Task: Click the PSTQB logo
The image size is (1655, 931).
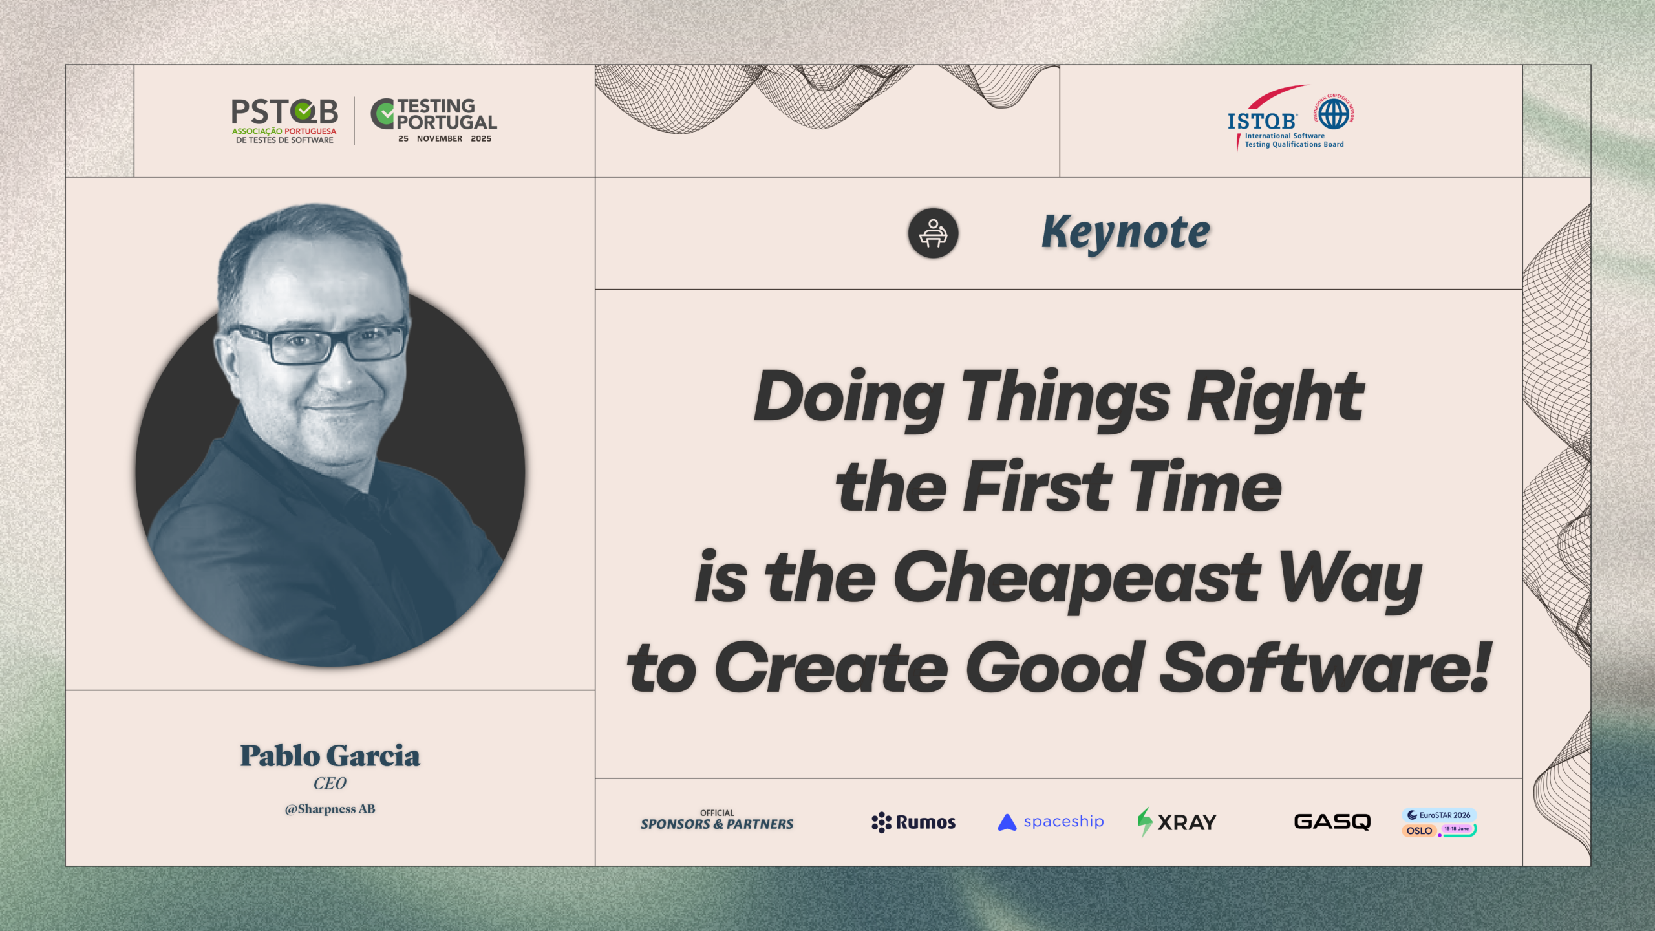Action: pyautogui.click(x=284, y=121)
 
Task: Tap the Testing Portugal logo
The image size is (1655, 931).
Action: pyautogui.click(x=434, y=120)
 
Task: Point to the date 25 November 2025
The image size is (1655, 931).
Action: pyautogui.click(x=445, y=139)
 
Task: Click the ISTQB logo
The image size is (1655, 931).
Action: pyautogui.click(x=1290, y=117)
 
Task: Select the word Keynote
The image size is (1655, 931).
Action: pyautogui.click(x=1126, y=233)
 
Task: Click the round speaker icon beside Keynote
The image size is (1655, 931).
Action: pyautogui.click(x=933, y=233)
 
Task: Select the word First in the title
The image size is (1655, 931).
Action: pyautogui.click(x=1038, y=486)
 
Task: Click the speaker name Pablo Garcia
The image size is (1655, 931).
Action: pyautogui.click(x=330, y=756)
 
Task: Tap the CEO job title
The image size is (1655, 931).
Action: pyautogui.click(x=330, y=784)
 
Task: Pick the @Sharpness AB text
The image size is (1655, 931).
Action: pyautogui.click(x=330, y=809)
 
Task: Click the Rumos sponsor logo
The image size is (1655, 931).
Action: pyautogui.click(x=913, y=822)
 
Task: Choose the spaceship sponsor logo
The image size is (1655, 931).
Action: pyautogui.click(x=1051, y=822)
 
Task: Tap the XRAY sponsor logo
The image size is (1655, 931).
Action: pyautogui.click(x=1177, y=822)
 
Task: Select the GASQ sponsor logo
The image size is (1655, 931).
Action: pyautogui.click(x=1332, y=822)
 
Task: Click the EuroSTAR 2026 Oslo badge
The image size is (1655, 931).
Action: pyautogui.click(x=1439, y=822)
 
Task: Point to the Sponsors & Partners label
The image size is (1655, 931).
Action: pyautogui.click(x=717, y=820)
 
